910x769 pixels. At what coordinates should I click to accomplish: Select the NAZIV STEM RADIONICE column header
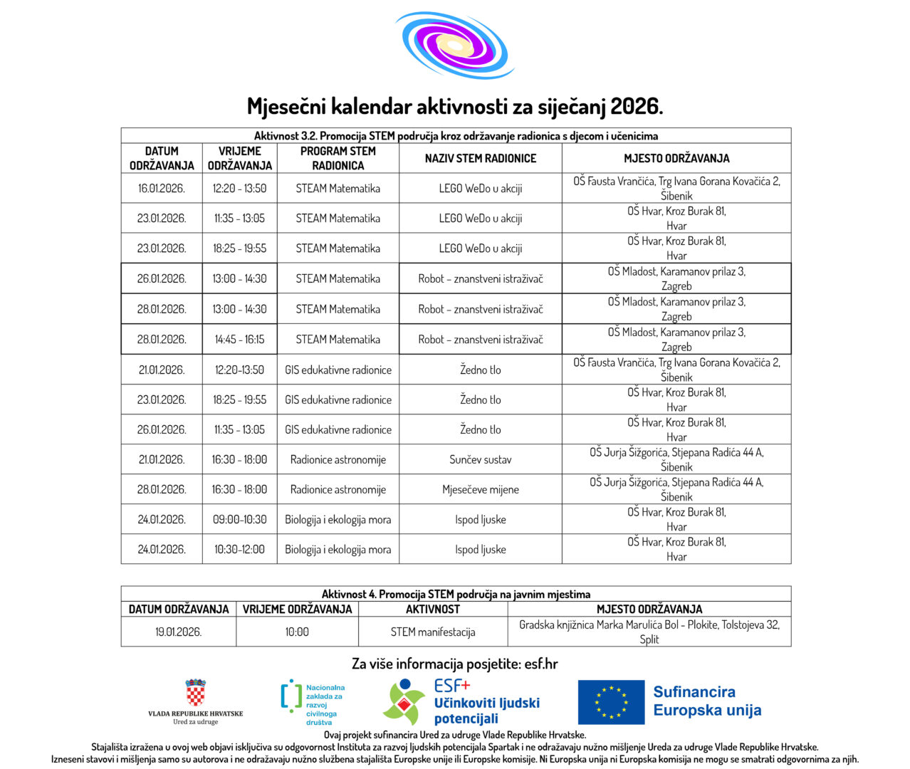480,158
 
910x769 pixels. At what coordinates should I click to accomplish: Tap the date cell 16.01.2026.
161,189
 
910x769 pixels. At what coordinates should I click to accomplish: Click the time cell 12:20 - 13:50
239,189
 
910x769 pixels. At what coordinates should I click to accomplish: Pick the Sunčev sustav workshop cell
480,460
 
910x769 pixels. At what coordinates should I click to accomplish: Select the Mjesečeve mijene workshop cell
480,490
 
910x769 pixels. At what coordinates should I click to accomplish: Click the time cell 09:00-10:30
239,520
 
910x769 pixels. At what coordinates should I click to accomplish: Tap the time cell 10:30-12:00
239,550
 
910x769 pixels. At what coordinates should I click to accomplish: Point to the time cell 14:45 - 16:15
239,340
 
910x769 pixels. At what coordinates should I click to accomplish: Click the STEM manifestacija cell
432,632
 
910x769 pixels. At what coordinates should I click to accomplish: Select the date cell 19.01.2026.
178,632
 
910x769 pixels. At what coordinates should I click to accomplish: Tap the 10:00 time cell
297,632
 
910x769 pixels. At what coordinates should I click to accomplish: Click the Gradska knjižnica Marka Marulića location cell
649,632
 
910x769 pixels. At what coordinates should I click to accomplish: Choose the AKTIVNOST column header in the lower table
432,610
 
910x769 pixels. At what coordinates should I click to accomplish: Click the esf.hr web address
540,664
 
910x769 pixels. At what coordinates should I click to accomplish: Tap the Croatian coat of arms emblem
195,692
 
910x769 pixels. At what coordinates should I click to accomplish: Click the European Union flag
610,702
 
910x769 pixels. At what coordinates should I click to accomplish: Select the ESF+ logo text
452,686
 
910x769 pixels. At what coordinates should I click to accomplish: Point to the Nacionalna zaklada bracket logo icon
291,696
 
